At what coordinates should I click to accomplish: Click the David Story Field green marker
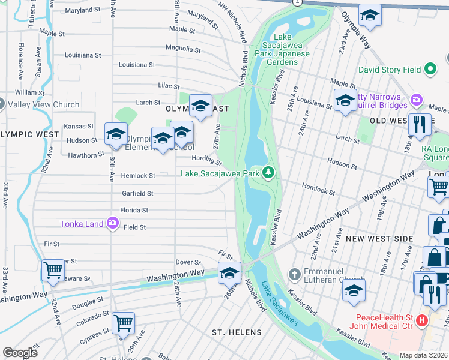430,70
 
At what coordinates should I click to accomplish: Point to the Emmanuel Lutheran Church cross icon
294,275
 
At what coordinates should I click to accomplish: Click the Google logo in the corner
20,353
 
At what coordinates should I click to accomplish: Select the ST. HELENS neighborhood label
237,332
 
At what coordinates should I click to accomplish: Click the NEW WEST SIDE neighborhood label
380,239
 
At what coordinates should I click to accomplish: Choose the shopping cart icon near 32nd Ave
53,271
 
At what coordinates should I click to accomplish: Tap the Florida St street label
133,211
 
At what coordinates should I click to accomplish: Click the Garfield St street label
138,194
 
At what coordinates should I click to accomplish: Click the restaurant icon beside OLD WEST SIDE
419,124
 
